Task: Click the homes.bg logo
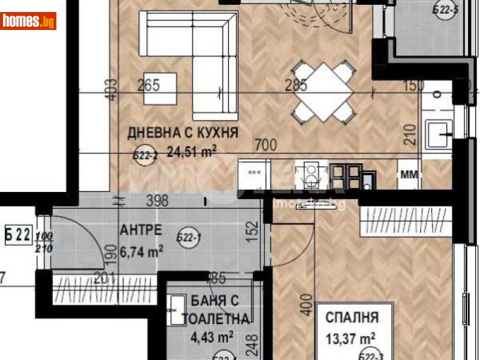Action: tap(29, 22)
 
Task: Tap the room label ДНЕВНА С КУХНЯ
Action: tap(182, 132)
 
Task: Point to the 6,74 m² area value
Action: tap(142, 253)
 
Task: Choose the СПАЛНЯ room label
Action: tap(353, 317)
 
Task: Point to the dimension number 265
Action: tap(148, 85)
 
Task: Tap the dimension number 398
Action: tap(157, 200)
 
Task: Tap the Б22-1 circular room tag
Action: tap(188, 239)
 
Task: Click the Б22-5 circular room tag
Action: tap(446, 10)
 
